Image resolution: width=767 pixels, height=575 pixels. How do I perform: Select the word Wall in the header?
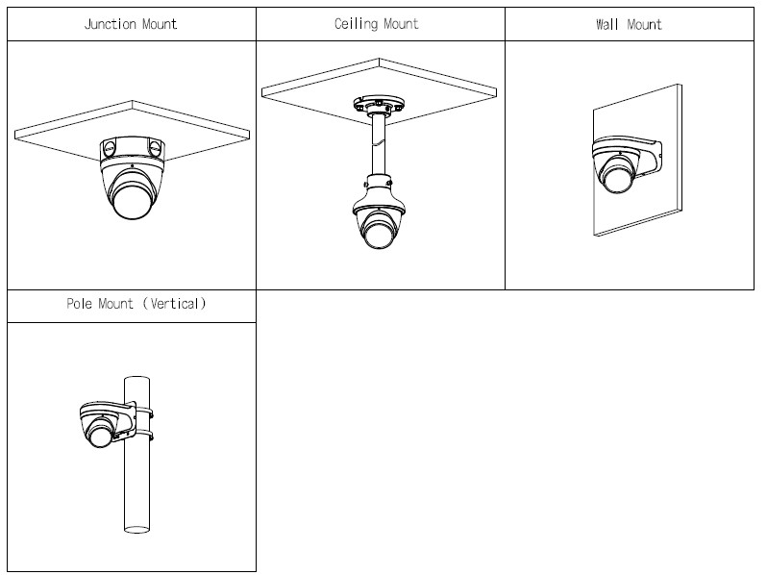(x=607, y=24)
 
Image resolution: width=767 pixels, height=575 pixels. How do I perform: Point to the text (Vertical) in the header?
(x=175, y=304)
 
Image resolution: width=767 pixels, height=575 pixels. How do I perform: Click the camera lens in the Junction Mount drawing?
(x=132, y=199)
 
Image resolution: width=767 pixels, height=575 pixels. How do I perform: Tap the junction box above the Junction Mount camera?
(x=133, y=148)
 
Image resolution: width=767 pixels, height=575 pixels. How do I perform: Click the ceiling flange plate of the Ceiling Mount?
(x=379, y=104)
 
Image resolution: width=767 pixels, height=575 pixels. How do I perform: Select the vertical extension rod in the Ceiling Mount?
(x=378, y=144)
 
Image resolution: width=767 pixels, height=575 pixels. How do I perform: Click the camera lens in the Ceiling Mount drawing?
(x=378, y=233)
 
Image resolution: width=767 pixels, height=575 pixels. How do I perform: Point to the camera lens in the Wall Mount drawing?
(x=617, y=177)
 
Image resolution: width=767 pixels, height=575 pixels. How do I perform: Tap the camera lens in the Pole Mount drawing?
(x=100, y=433)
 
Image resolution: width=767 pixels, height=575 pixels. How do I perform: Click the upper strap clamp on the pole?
(x=143, y=412)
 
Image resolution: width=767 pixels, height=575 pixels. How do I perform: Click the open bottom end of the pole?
(x=136, y=530)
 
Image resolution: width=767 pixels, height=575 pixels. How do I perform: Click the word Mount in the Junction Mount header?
(x=160, y=24)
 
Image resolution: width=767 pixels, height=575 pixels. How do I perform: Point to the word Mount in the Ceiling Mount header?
(x=401, y=23)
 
